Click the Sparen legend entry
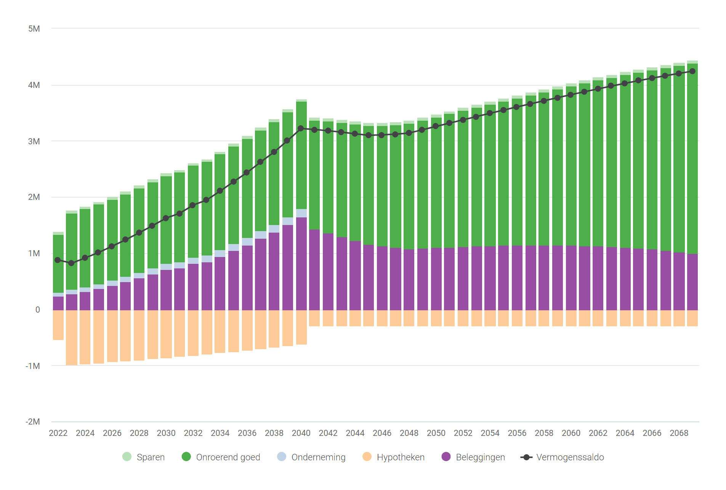coord(144,457)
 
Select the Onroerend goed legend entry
coord(221,457)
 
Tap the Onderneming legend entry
coord(311,457)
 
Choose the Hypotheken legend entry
coord(393,457)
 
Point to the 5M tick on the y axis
coord(34,29)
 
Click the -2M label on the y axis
coord(33,422)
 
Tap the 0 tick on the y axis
coord(37,310)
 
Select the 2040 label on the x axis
coord(301,433)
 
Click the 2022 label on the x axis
coord(58,433)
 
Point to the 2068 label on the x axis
coord(679,433)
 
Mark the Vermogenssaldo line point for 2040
coord(301,129)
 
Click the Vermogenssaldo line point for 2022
coord(58,260)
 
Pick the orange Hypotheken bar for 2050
coord(436,318)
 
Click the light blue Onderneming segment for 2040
coord(301,213)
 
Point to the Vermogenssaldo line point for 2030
coord(166,218)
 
